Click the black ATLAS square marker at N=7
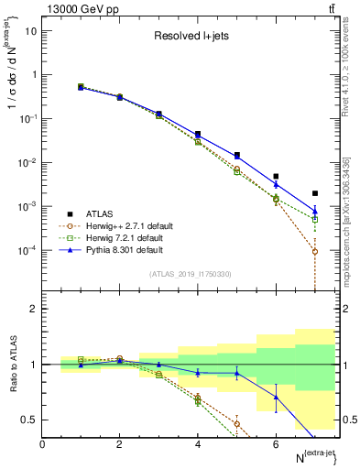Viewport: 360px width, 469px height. (315, 193)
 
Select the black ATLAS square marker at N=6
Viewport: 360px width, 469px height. (276, 176)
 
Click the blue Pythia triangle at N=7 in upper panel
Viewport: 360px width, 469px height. (315, 211)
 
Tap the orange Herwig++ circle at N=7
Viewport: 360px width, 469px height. (315, 251)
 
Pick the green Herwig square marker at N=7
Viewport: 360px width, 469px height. (315, 220)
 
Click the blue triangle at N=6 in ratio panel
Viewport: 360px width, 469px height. (276, 397)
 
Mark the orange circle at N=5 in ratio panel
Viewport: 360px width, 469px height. (237, 423)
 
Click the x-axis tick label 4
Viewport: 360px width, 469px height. (198, 443)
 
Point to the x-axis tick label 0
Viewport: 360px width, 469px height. (43, 443)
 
